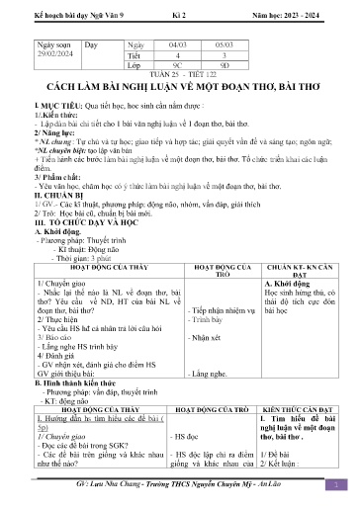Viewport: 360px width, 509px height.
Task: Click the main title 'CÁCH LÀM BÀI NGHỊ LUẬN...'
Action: (179, 87)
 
